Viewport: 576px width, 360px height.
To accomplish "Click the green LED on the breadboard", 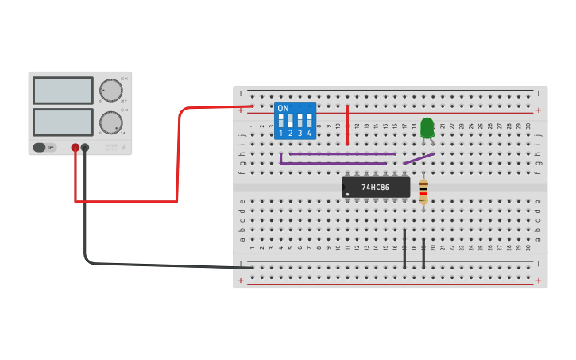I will pyautogui.click(x=427, y=126).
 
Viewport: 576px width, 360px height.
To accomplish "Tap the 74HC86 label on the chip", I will pyautogui.click(x=376, y=188).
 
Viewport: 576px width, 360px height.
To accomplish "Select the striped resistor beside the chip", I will pyautogui.click(x=423, y=191).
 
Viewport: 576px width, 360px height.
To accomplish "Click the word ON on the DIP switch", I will pyautogui.click(x=283, y=108).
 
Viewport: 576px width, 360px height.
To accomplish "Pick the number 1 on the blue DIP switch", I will pyautogui.click(x=280, y=133).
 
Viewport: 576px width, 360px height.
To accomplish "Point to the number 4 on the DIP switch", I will pyautogui.click(x=309, y=133).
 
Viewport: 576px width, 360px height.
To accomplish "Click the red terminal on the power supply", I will pyautogui.click(x=75, y=147).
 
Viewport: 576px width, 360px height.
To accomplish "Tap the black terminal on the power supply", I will pyautogui.click(x=85, y=147).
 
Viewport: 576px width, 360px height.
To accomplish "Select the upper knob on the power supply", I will pyautogui.click(x=110, y=91).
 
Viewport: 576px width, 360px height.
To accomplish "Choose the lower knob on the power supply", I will pyautogui.click(x=110, y=122).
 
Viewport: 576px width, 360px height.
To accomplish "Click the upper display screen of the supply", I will pyautogui.click(x=63, y=91).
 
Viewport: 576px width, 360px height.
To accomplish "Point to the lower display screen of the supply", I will pyautogui.click(x=63, y=122).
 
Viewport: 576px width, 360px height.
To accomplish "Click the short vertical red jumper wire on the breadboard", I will pyautogui.click(x=347, y=126).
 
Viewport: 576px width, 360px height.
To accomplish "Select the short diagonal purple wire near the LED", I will pyautogui.click(x=419, y=158).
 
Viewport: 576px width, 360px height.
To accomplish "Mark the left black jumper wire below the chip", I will pyautogui.click(x=404, y=249).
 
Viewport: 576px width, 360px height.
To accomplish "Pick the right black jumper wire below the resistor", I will pyautogui.click(x=423, y=254).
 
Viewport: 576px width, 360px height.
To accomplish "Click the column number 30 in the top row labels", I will pyautogui.click(x=528, y=126).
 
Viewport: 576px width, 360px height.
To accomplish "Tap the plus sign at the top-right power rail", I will pyautogui.click(x=539, y=110).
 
